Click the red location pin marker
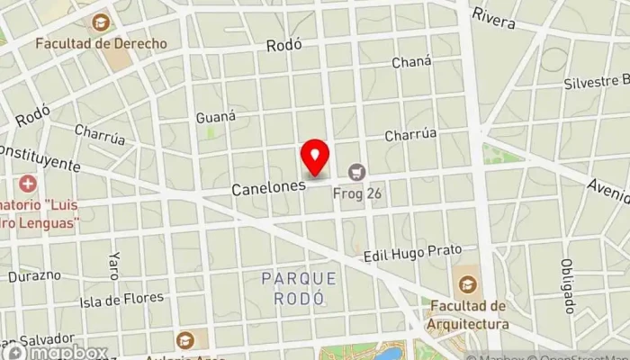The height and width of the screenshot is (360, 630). tap(314, 158)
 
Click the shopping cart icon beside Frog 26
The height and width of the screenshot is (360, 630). tap(358, 171)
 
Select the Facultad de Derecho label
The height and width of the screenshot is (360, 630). tap(102, 42)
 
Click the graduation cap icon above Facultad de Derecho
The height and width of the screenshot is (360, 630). tap(101, 21)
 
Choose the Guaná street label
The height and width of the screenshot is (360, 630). tap(215, 116)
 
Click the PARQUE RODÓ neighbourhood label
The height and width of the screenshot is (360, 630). tap(299, 287)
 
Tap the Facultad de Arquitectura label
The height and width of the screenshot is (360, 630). tap(467, 317)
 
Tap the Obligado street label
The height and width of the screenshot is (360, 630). tap(568, 279)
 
